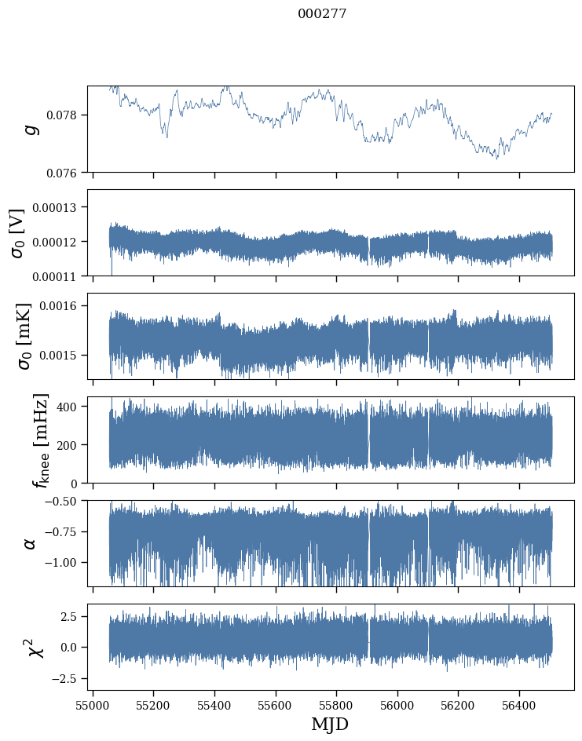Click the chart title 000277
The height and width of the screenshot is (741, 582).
(x=322, y=13)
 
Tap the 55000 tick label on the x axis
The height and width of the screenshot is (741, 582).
(x=93, y=706)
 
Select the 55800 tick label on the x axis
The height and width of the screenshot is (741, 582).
(x=336, y=706)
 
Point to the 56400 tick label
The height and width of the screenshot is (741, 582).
(x=519, y=706)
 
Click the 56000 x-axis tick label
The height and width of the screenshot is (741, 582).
(x=397, y=706)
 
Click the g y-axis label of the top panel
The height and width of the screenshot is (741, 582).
(x=31, y=129)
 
